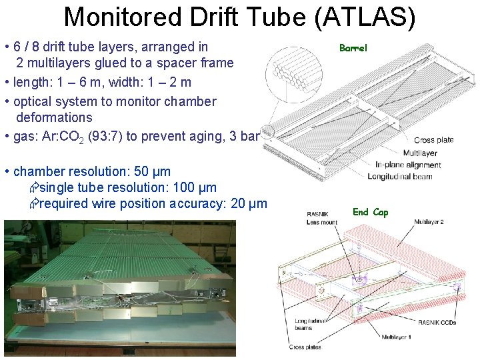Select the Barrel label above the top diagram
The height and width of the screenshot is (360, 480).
point(353,48)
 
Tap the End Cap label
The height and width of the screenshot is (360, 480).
point(370,212)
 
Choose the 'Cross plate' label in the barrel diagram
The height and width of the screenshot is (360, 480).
point(433,140)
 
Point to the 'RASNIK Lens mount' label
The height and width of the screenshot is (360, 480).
point(321,218)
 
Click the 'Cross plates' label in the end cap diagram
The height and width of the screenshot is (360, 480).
point(305,347)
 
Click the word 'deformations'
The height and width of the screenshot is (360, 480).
point(54,117)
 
